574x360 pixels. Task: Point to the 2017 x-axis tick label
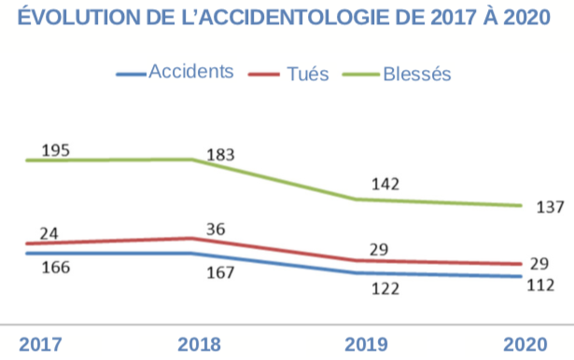40,343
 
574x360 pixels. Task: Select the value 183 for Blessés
220,155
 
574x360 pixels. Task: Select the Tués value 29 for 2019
379,249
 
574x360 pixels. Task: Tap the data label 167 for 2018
219,273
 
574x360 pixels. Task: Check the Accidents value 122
384,289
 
